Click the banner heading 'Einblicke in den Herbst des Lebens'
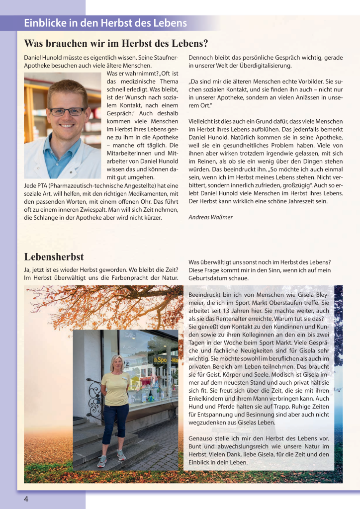105,23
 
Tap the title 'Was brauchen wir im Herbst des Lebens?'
116,43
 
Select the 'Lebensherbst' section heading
54,256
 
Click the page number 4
26,499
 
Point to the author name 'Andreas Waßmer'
211,217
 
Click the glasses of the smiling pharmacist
68,111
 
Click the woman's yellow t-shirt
115,388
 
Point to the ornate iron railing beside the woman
94,398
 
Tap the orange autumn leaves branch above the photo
99,303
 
